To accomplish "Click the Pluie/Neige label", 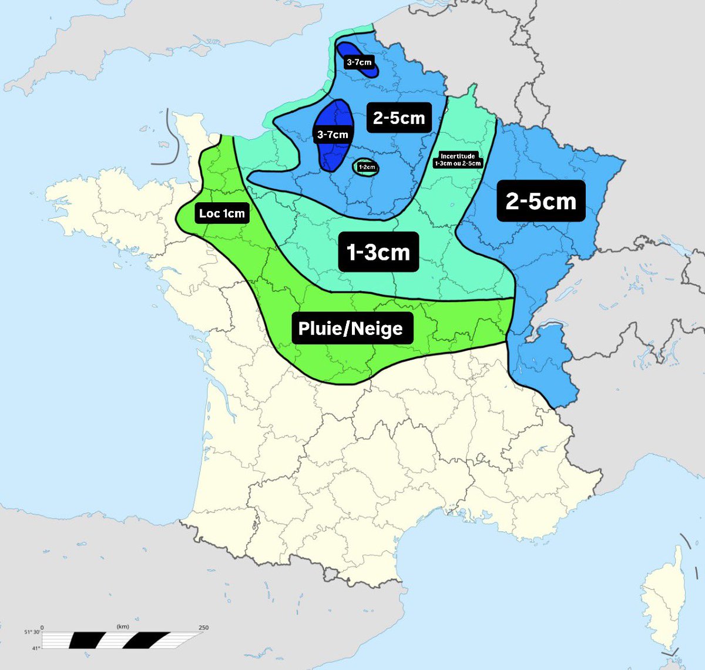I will [x=351, y=328].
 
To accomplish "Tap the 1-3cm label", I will [x=378, y=252].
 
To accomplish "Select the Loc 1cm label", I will [x=221, y=213].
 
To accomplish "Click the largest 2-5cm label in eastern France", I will [x=540, y=200].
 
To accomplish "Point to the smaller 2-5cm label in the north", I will [x=399, y=118].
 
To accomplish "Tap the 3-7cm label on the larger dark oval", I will [x=333, y=135].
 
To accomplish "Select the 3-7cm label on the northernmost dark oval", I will [x=358, y=62].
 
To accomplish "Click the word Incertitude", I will [x=458, y=156].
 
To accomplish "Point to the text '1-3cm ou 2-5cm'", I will [x=458, y=163].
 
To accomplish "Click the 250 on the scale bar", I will [x=204, y=628].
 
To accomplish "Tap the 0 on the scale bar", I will [x=42, y=628].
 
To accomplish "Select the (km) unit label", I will [x=123, y=627].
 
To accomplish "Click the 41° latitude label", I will [x=35, y=648].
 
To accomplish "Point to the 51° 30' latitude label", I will [x=32, y=632].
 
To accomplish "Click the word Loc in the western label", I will [x=209, y=213].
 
